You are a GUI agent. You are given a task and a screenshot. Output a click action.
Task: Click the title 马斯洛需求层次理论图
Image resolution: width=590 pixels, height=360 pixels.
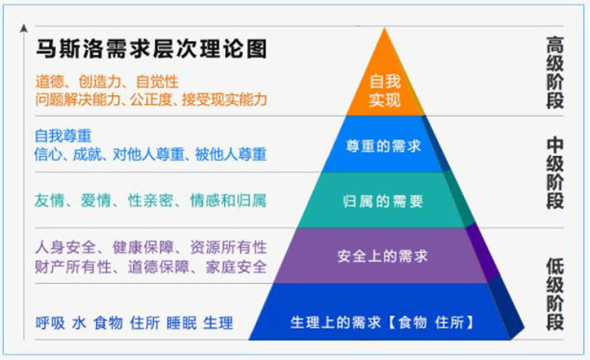point(151,49)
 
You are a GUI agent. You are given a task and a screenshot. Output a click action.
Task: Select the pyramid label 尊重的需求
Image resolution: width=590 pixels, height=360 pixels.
point(383,145)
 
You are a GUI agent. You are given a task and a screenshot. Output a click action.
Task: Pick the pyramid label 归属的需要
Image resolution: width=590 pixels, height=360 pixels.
point(382,201)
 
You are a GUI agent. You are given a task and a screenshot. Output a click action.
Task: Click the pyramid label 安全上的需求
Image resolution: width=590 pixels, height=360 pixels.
point(382,256)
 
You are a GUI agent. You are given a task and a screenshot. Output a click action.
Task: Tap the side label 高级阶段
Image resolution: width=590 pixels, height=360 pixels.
point(555,72)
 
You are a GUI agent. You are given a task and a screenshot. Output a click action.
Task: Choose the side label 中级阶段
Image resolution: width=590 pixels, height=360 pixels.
point(555,173)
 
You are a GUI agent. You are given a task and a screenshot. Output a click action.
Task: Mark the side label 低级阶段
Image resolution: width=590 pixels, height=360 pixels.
point(555,294)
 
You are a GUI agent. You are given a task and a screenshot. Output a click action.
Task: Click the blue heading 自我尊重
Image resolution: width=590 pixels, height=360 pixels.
point(63,136)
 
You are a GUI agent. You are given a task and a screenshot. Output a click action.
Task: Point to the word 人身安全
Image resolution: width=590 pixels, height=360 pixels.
point(65,248)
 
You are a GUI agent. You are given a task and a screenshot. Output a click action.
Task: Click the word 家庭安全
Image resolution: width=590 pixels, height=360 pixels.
point(236,266)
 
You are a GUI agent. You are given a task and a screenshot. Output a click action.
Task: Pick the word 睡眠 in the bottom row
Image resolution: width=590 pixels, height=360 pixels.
point(182,323)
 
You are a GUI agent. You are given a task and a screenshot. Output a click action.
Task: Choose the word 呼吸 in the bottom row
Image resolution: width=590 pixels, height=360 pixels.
point(50,323)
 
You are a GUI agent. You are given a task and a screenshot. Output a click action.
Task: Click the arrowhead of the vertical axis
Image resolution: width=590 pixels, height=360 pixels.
point(24,28)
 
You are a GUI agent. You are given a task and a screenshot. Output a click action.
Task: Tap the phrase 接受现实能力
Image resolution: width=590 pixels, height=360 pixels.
point(224,100)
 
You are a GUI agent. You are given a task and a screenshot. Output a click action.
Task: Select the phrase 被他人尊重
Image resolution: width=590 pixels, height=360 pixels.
point(230,154)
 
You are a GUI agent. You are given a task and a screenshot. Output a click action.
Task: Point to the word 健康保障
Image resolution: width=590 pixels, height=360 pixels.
point(143,248)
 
